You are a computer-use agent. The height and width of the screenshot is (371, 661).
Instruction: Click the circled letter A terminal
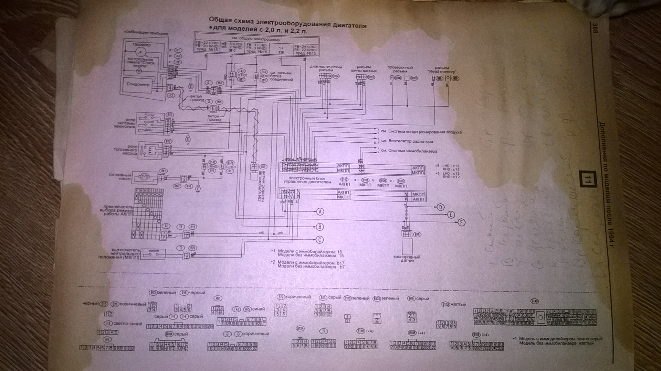coord(320,211)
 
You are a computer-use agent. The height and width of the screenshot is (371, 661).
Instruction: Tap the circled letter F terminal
coord(462,222)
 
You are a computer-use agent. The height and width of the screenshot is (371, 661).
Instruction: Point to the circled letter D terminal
coord(440,207)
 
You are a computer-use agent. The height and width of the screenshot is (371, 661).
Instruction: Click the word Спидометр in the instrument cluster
coord(138,84)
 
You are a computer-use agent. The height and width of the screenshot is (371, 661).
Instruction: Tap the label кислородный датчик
coord(407,259)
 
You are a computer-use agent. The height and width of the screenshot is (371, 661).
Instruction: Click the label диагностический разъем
coord(326,68)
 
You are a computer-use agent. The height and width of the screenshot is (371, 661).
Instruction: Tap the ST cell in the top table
coord(281,48)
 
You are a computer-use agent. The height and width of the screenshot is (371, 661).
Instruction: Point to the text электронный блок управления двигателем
coord(307,180)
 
